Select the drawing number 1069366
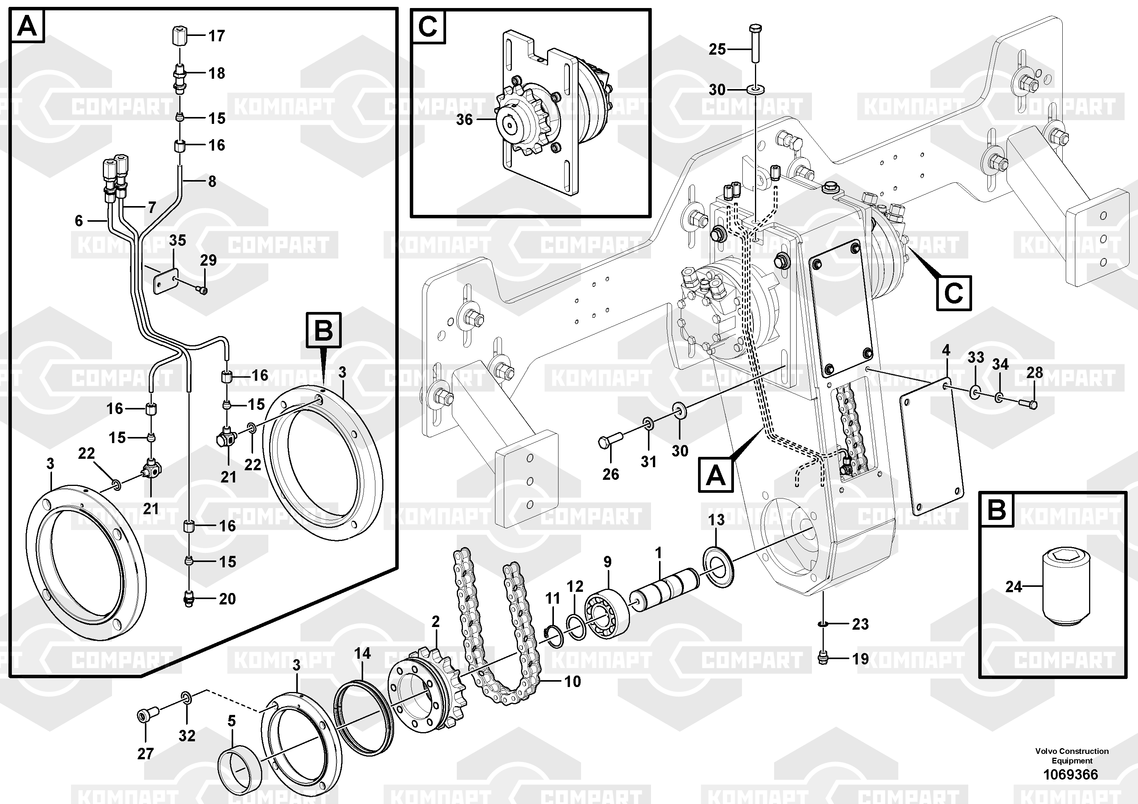point(1071,774)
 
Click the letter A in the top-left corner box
point(27,26)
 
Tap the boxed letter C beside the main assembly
point(953,294)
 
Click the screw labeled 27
point(147,715)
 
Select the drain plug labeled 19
point(822,659)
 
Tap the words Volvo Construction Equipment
point(1071,756)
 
